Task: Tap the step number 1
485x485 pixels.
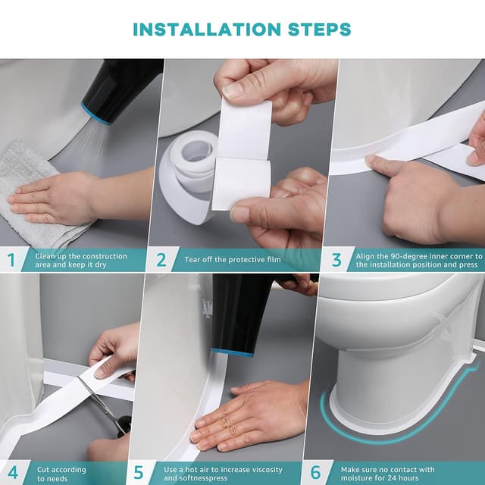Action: click(11, 260)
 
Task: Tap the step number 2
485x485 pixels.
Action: click(161, 260)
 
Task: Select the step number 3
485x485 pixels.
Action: click(336, 260)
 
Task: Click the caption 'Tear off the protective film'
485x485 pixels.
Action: click(233, 260)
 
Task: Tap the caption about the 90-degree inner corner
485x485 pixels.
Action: click(417, 260)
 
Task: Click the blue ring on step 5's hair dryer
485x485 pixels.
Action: click(221, 352)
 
